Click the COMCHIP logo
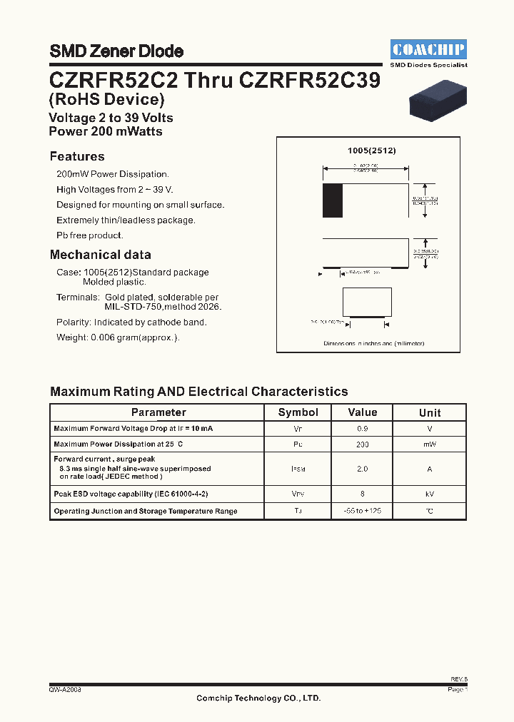[429, 49]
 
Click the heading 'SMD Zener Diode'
[116, 51]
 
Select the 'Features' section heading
[77, 156]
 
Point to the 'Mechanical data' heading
[100, 255]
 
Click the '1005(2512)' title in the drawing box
[371, 151]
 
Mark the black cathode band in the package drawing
[332, 201]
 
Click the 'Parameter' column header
[158, 412]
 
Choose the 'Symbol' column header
[298, 412]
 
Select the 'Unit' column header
[430, 412]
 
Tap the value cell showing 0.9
[363, 429]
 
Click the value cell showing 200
[363, 444]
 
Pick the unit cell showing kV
[430, 494]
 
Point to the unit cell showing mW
[430, 444]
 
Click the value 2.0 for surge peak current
[363, 469]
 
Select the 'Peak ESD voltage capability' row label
[131, 494]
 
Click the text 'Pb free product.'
[90, 235]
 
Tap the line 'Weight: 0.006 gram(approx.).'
[118, 337]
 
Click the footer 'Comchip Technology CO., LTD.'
[258, 698]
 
